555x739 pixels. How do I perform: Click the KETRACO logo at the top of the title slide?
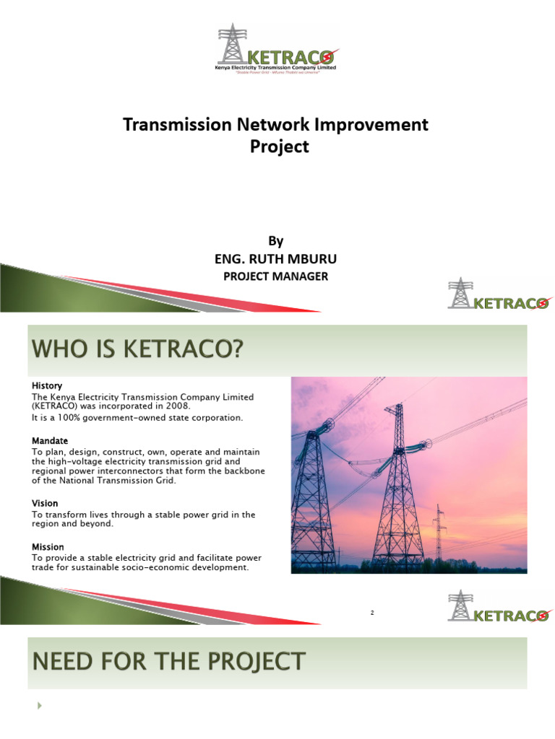(277, 48)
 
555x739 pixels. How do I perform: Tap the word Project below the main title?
(279, 147)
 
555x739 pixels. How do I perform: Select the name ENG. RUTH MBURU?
(278, 258)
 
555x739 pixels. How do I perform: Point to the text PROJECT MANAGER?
(278, 276)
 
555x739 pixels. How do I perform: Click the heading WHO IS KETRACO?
(137, 353)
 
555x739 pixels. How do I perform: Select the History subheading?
(47, 386)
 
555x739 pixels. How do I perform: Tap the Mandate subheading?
(50, 440)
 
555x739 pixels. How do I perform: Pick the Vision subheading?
(45, 503)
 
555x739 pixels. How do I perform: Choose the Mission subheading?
(48, 546)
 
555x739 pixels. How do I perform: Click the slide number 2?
(372, 613)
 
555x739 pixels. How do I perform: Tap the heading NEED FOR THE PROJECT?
(167, 661)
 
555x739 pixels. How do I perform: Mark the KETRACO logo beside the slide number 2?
(499, 607)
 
